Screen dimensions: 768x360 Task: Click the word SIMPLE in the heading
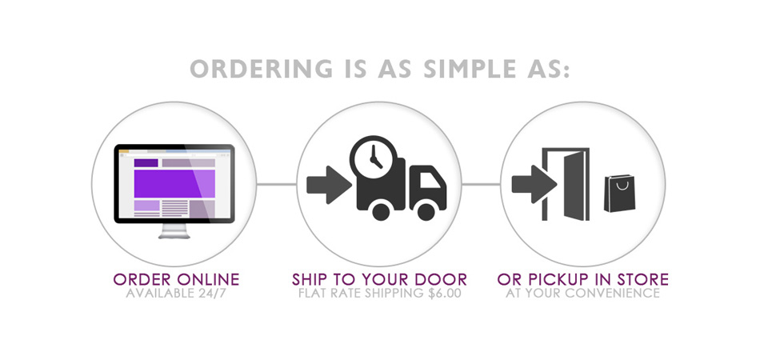470,69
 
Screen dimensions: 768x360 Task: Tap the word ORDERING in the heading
262,69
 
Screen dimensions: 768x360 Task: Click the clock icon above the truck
374,158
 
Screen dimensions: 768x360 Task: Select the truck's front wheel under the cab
426,211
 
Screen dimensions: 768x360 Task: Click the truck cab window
430,180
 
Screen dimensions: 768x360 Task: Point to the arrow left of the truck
329,185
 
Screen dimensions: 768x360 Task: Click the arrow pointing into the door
534,185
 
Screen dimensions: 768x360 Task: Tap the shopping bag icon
619,193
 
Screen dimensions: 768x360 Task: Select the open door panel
574,186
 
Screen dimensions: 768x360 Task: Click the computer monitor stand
174,231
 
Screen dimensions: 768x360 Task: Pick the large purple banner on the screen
174,184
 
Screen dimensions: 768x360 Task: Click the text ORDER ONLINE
176,280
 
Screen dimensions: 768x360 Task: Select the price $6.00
444,294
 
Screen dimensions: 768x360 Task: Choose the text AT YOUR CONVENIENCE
582,294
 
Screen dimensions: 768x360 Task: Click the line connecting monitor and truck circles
277,185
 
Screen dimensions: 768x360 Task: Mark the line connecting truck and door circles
481,185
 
